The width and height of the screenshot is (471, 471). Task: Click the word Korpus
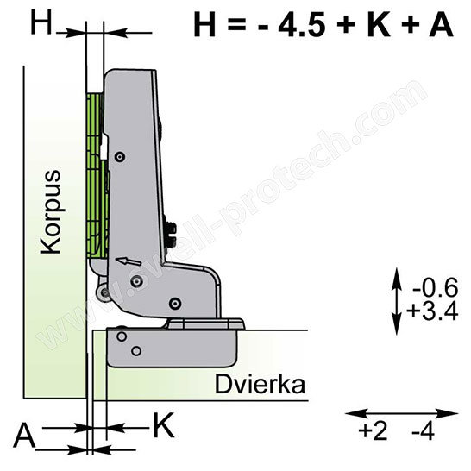point(51,212)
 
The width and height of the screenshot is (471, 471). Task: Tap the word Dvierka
point(260,385)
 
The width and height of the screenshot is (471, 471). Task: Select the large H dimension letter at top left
point(41,22)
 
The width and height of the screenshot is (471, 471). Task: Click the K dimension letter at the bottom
point(164,425)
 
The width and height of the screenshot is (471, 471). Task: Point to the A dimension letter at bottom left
point(24,436)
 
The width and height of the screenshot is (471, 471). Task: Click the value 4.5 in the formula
point(302,24)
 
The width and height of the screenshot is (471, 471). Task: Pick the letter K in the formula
point(379,24)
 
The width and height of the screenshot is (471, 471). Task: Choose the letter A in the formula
point(442,24)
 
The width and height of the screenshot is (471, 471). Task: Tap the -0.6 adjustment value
point(436,287)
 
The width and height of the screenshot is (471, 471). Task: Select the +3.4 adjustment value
point(432,311)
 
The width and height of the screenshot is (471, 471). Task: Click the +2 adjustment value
point(373,431)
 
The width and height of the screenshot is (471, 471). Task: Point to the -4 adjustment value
point(424,431)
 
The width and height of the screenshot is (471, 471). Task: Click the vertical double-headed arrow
point(397,301)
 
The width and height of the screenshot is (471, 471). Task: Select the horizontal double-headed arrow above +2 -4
point(402,413)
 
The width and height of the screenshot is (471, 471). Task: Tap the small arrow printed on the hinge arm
point(129,261)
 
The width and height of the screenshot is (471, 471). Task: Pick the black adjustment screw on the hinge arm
point(170,235)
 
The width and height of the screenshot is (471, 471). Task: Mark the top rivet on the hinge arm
point(120,156)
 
